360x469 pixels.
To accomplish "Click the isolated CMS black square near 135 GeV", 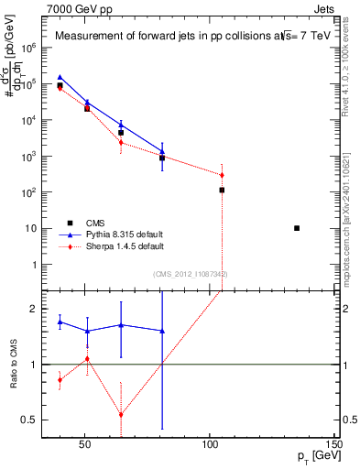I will click(297, 228).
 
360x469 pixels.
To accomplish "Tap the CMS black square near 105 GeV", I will click(222, 191).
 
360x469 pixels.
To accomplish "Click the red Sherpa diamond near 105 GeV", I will click(222, 175).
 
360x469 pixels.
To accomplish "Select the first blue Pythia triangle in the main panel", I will click(60, 78).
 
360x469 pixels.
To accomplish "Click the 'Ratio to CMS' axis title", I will click(15, 365).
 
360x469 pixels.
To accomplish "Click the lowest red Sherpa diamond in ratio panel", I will click(121, 414).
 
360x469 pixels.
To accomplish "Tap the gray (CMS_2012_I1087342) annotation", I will click(191, 274).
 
